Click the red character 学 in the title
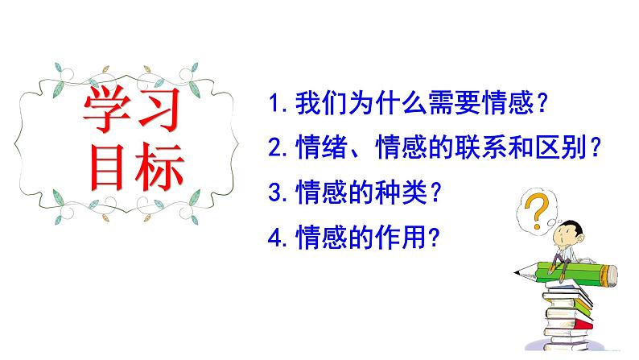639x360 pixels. (x=111, y=110)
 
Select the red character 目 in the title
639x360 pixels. (x=111, y=167)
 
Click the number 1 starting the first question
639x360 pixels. (x=276, y=104)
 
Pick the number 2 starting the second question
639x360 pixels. (x=276, y=148)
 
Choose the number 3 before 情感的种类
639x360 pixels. (x=276, y=193)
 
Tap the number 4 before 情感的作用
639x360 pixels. (x=276, y=238)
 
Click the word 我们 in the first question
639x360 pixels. (x=319, y=104)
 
